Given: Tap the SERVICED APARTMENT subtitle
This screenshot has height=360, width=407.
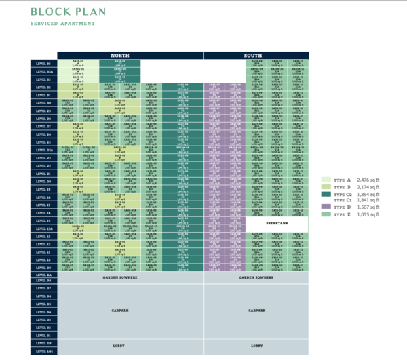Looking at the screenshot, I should click(x=62, y=24).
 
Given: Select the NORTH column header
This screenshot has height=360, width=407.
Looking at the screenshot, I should click(x=119, y=55).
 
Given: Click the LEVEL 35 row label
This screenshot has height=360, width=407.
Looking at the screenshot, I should click(x=44, y=64).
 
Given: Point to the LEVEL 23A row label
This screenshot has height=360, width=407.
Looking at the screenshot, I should click(x=44, y=150).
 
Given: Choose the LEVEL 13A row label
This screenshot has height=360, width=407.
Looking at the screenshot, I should click(x=44, y=228).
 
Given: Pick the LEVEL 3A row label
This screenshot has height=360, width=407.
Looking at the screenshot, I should click(x=44, y=312).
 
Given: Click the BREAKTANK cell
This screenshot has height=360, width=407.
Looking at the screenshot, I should click(x=277, y=222).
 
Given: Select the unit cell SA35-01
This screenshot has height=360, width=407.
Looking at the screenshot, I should click(x=78, y=64).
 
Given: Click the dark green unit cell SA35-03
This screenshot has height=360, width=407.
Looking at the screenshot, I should click(x=119, y=64).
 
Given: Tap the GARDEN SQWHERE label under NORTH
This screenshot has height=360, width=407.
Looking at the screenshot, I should click(x=119, y=277).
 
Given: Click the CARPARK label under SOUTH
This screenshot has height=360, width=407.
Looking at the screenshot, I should click(x=256, y=311).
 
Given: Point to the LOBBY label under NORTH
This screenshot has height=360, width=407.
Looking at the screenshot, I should click(x=119, y=346).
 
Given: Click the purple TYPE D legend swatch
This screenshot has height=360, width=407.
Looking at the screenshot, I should click(x=326, y=206).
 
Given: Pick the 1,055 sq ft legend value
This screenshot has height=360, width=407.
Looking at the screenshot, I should click(x=369, y=214).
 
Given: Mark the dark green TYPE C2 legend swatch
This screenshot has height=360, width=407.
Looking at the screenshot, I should click(x=326, y=193).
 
